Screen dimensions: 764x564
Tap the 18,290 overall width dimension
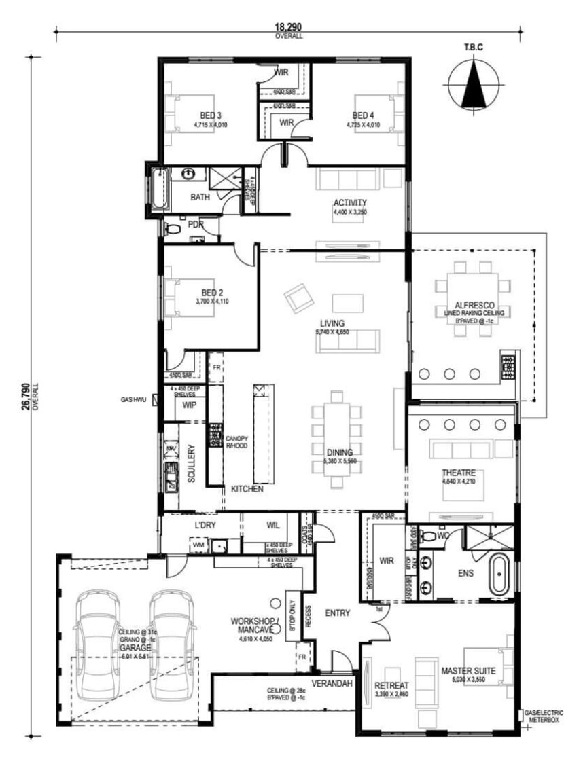tap(288, 27)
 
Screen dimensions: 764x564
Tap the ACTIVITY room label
tap(350, 202)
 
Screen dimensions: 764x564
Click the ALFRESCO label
tap(474, 306)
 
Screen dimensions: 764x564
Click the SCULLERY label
tap(192, 465)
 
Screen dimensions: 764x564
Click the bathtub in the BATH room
tap(157, 187)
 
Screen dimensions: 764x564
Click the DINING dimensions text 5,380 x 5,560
tap(340, 461)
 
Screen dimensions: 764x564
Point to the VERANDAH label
tap(332, 683)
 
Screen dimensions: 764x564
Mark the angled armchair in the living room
tap(297, 298)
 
